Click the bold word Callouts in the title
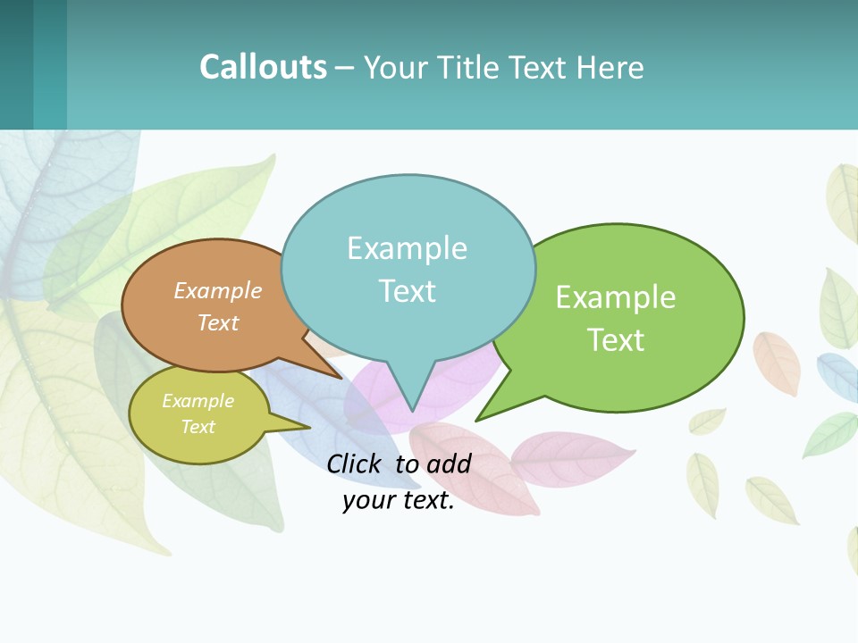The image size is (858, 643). [263, 67]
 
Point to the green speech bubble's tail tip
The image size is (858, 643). [480, 418]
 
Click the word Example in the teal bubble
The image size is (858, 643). [407, 247]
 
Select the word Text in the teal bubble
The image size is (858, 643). [407, 290]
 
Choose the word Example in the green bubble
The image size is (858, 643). [616, 296]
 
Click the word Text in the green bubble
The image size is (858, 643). [616, 339]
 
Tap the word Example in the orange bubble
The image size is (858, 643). [217, 290]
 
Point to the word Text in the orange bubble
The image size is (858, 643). [217, 322]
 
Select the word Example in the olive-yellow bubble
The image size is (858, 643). [198, 401]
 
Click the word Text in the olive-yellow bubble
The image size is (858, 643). [198, 427]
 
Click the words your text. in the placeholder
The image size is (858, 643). [399, 500]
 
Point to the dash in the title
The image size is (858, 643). [344, 68]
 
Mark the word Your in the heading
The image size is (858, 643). [393, 67]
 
